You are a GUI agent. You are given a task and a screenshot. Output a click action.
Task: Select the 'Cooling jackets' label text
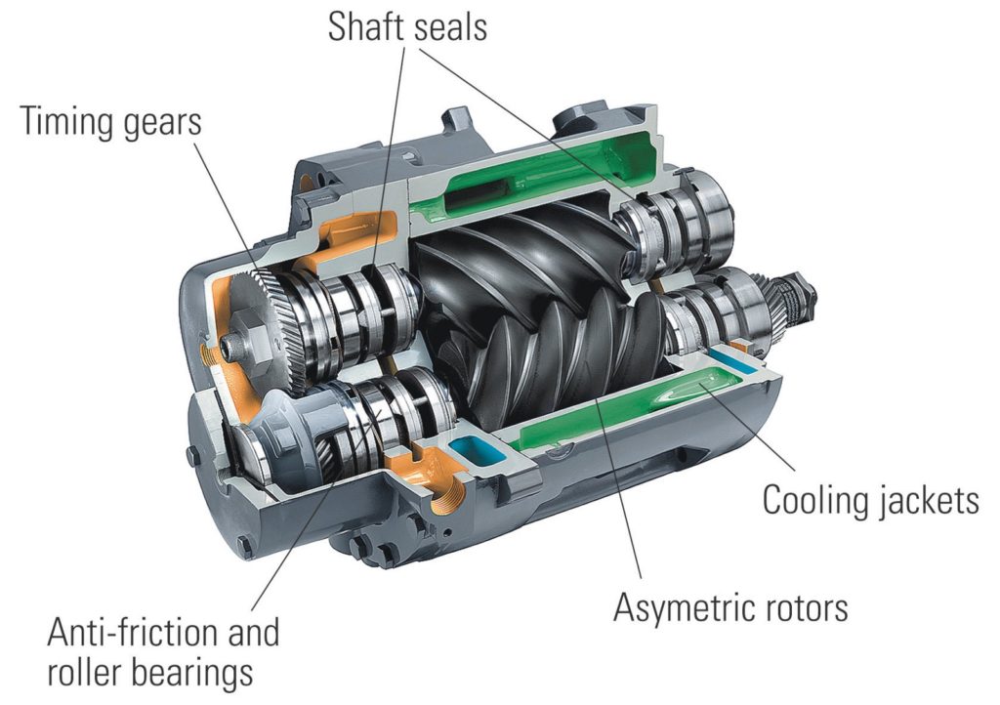[870, 501]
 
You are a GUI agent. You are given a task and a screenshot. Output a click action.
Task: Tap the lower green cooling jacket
[625, 410]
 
